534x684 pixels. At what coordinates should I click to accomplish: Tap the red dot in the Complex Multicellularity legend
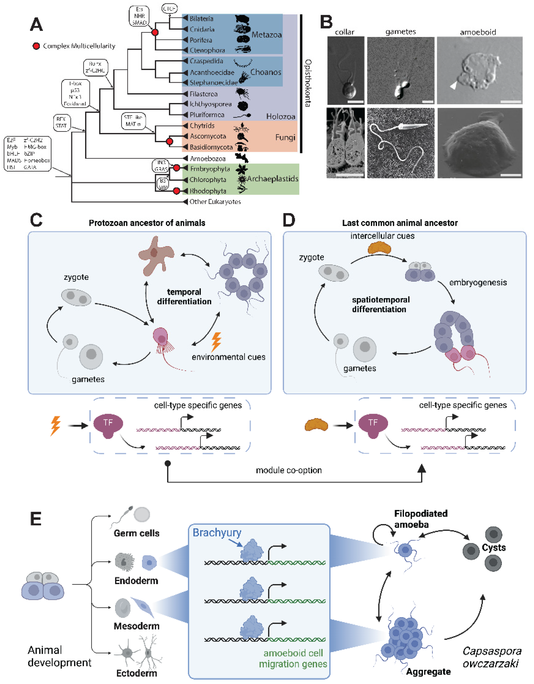[x=36, y=46]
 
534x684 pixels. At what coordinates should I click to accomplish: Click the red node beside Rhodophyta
[x=177, y=191]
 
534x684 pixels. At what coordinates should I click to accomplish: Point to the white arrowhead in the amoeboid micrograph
[x=453, y=85]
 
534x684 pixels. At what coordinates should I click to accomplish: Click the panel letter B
[x=326, y=22]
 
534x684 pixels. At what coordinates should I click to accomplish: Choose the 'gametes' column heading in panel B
[x=400, y=32]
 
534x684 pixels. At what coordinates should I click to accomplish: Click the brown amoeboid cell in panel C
[x=155, y=256]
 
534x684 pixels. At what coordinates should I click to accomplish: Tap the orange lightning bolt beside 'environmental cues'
[x=216, y=342]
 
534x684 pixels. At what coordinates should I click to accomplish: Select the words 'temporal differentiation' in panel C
[x=184, y=297]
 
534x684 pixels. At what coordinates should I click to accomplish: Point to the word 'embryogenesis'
[x=478, y=283]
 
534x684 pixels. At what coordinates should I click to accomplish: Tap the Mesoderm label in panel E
[x=136, y=626]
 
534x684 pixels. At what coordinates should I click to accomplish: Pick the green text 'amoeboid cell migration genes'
[x=293, y=658]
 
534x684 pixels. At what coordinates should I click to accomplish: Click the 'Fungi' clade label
[x=285, y=137]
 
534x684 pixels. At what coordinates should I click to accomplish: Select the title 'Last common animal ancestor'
[x=400, y=223]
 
